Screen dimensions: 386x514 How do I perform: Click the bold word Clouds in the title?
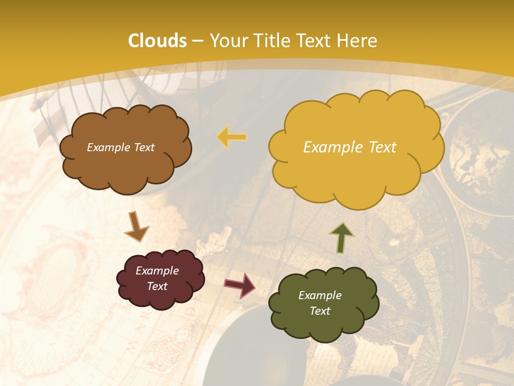(157, 41)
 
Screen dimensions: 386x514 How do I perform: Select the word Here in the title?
(358, 41)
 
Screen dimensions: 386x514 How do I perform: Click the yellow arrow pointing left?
(232, 137)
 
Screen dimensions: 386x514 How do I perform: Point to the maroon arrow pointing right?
(239, 285)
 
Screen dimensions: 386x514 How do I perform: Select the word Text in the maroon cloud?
(157, 286)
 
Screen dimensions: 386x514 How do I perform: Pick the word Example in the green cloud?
(320, 295)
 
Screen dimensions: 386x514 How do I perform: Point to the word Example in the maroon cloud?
(157, 271)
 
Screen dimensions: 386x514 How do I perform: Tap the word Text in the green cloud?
(320, 311)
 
